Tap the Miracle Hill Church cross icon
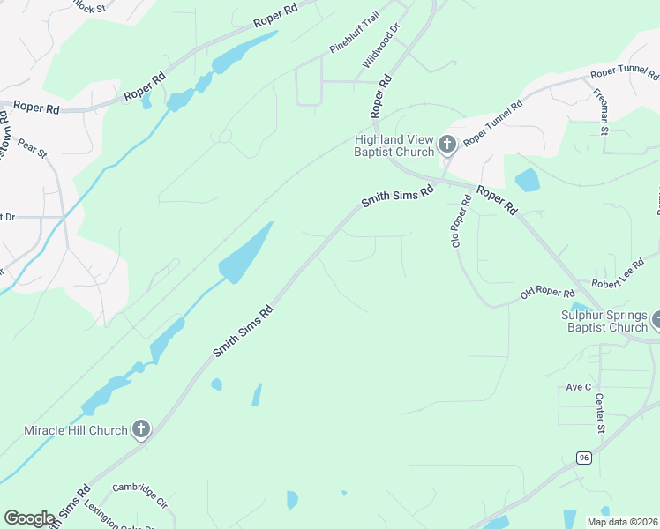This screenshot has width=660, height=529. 140,429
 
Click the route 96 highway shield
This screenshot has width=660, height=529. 583,457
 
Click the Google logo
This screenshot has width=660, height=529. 29,518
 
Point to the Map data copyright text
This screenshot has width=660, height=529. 621,522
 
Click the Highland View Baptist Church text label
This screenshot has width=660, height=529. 394,145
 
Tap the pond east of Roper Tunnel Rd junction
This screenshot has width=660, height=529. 527,180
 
